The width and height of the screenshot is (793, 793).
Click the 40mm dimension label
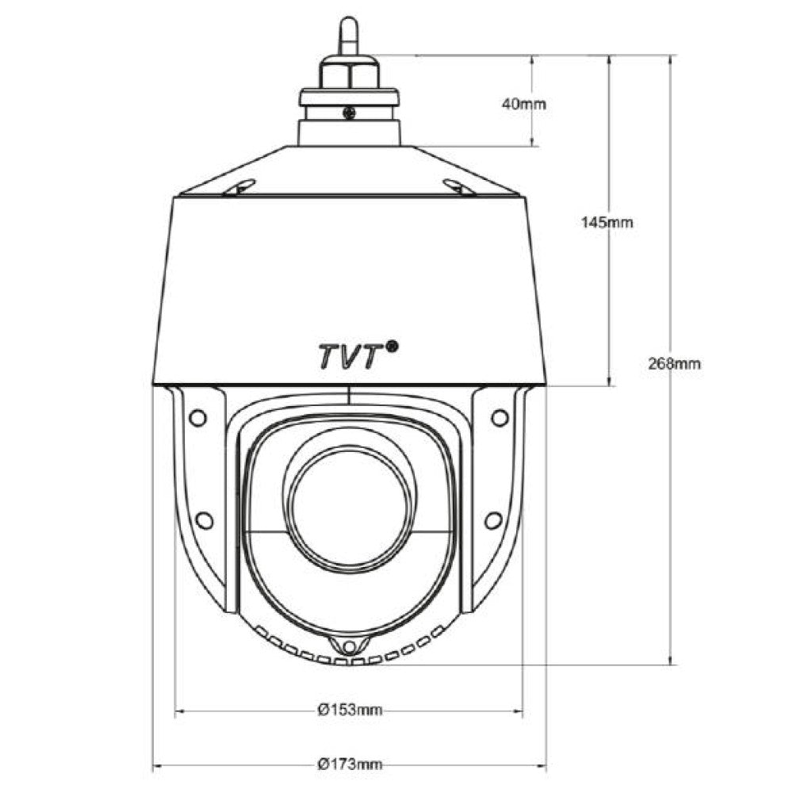click(x=524, y=104)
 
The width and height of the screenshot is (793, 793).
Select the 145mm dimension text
click(x=607, y=222)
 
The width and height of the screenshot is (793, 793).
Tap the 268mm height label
click(x=675, y=364)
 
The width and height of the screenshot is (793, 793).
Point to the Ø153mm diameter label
click(x=350, y=710)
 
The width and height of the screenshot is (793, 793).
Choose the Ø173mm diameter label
click(x=350, y=764)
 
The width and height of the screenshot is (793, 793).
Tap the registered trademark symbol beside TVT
click(x=392, y=346)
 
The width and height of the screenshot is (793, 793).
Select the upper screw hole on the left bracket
click(x=197, y=418)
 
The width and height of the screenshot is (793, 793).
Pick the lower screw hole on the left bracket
click(x=204, y=520)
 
